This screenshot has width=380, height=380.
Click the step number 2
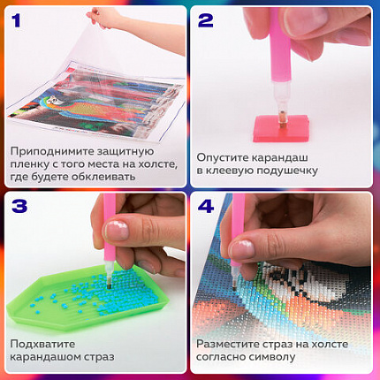click(209, 19)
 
